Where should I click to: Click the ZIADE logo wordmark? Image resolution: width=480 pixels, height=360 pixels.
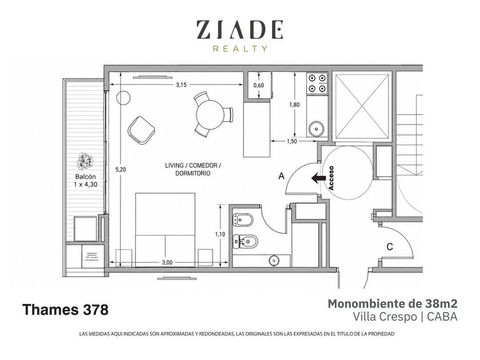[x=239, y=30]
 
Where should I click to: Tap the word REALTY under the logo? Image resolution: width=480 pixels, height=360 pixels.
[x=240, y=49]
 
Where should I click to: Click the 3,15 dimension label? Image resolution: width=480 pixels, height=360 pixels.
[x=181, y=85]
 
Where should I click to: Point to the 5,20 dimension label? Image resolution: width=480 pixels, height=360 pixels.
[x=121, y=170]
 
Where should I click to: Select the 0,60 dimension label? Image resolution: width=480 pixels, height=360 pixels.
[x=259, y=85]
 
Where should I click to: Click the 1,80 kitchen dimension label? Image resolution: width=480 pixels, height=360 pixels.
[x=294, y=105]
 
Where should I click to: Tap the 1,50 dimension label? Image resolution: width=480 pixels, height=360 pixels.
[x=292, y=141]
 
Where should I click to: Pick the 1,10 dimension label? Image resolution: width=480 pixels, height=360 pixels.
[x=220, y=234]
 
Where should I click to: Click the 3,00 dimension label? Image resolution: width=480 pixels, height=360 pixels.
[x=167, y=262]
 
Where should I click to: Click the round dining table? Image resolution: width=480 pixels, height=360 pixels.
[x=210, y=114]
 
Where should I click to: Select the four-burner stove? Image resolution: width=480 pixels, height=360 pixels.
[x=317, y=83]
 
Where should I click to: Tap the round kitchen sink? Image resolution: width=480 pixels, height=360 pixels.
[x=316, y=129]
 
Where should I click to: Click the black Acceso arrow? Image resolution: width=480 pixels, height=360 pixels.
[x=318, y=178]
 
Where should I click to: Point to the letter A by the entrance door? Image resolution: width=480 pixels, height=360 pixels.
[x=281, y=176]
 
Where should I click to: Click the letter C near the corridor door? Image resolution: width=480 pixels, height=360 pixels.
[x=389, y=247]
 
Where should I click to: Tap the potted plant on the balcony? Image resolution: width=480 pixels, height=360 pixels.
[x=85, y=161]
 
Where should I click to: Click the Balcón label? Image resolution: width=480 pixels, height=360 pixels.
[x=85, y=177]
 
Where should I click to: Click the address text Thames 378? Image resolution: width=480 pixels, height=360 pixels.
[x=65, y=310]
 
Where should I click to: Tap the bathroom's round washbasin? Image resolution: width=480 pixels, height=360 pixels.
[x=274, y=261]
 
